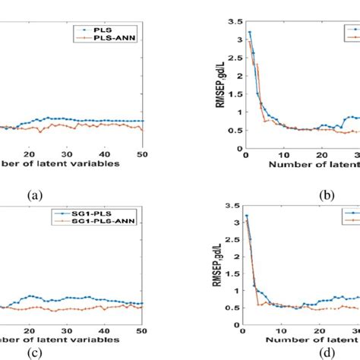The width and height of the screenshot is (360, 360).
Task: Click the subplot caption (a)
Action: click(x=35, y=195)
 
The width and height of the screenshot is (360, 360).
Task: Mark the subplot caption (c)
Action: click(x=35, y=352)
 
